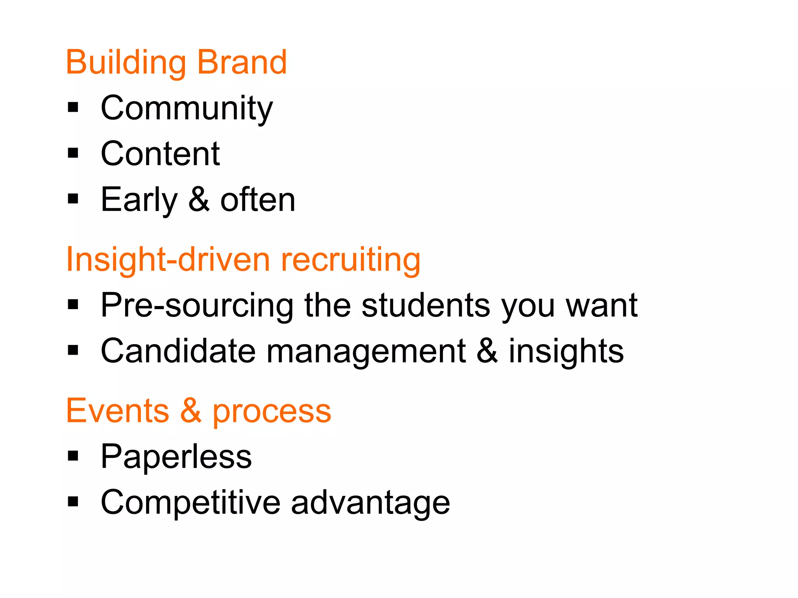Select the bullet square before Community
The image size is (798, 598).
73,107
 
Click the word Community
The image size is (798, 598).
187,108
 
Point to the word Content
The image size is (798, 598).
160,154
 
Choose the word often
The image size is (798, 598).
258,200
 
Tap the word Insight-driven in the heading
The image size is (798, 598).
168,260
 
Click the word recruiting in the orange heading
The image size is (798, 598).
350,260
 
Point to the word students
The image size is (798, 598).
425,305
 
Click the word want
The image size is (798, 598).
601,306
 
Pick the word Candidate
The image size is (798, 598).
178,351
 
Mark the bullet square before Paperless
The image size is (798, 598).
73,456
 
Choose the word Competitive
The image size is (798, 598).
191,503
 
